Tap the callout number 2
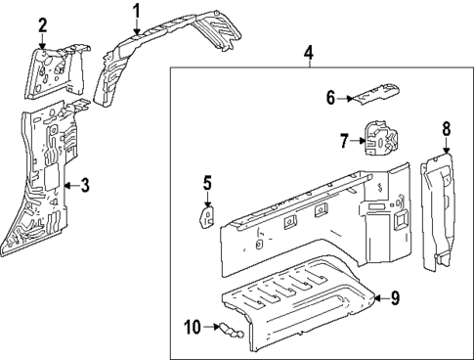(x=42, y=25)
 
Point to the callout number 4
(x=308, y=51)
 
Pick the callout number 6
(x=330, y=97)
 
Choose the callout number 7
(x=343, y=141)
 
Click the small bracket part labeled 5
(x=208, y=215)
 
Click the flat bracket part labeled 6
(x=375, y=95)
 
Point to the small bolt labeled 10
(x=228, y=330)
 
